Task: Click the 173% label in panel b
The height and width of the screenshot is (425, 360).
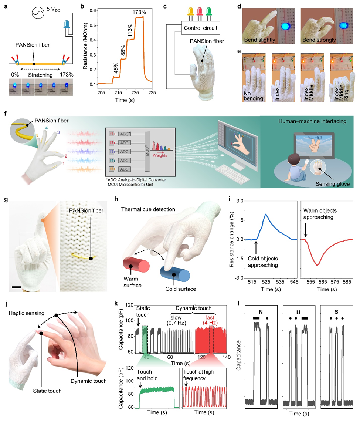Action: coord(139,12)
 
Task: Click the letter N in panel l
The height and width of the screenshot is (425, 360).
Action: coord(261,312)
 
